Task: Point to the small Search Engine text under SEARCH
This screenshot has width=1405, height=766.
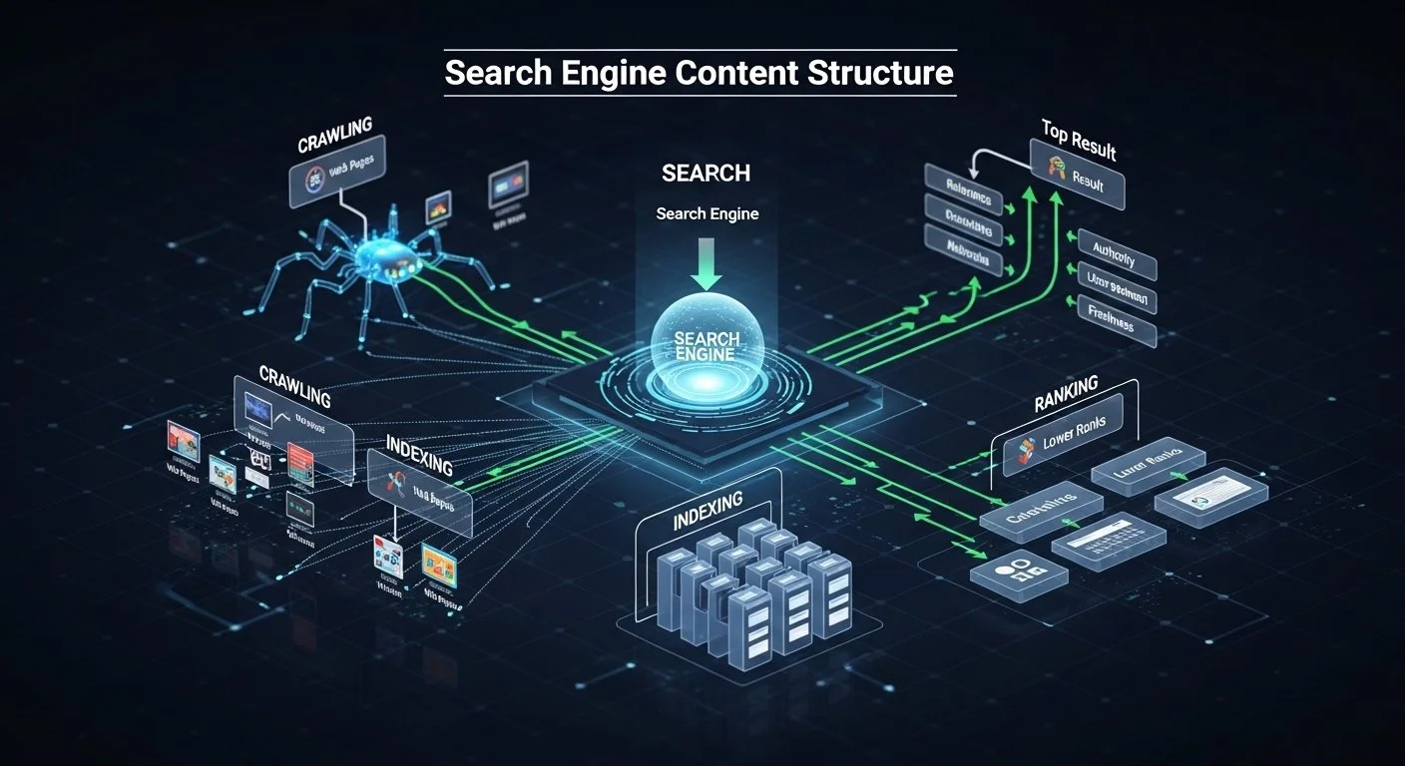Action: [707, 213]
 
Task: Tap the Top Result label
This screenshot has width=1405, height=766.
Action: [1079, 141]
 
